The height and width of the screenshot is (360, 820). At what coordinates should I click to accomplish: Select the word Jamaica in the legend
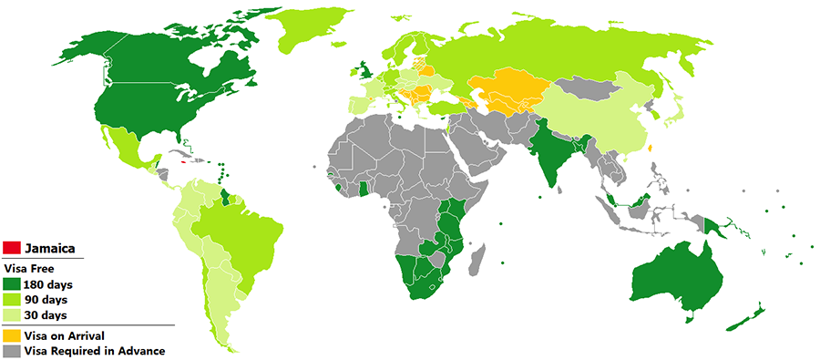point(49,249)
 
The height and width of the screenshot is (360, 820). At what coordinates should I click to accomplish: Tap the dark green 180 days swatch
point(13,285)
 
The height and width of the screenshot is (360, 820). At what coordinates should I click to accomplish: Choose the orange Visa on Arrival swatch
point(13,336)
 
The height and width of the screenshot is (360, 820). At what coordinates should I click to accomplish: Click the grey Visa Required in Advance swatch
point(13,350)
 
